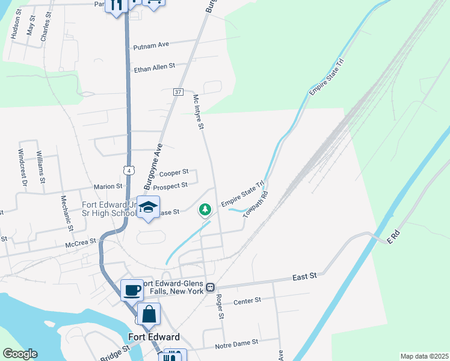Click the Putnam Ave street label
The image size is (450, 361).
point(152,45)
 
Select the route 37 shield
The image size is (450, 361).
point(177,92)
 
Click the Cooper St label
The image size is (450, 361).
point(174,173)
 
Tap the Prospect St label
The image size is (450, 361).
point(170,186)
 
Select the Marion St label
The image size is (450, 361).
point(108,187)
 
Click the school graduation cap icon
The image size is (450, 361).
point(148,208)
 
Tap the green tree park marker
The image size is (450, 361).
point(205,209)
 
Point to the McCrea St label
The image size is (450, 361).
point(81,242)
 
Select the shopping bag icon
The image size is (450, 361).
point(149,314)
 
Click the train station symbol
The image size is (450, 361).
point(211,287)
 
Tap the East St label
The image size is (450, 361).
point(304,277)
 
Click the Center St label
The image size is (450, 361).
point(247,300)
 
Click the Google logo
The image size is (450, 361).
point(20,354)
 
